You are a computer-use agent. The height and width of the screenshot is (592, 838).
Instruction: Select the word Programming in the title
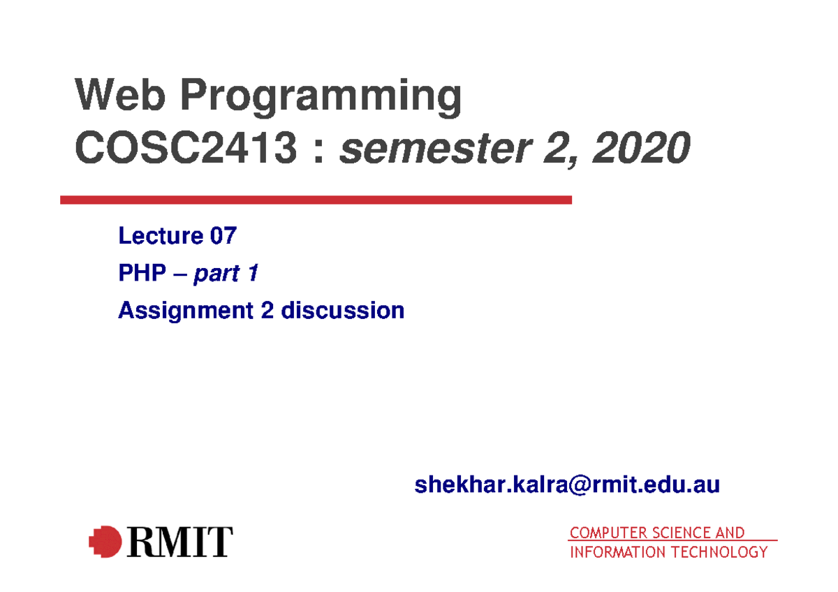321,97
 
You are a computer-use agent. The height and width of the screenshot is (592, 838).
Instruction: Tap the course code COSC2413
186,147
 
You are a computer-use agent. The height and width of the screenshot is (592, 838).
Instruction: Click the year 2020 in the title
641,147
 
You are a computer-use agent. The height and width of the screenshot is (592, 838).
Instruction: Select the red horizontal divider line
316,200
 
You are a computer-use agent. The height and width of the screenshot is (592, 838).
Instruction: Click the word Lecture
161,235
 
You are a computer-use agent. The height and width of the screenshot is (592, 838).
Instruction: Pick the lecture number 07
223,235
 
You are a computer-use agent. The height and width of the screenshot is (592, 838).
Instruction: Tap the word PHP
142,272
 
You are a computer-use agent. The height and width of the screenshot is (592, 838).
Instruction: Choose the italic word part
216,274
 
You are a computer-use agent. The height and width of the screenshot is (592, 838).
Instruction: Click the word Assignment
186,311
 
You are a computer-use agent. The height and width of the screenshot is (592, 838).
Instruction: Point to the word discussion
343,310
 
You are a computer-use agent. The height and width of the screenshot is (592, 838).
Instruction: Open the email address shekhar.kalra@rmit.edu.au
567,484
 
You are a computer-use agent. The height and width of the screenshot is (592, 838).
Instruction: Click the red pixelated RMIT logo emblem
105,542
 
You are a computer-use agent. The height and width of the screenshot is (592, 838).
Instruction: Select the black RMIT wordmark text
180,542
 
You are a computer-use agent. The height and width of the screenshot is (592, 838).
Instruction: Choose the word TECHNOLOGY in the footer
719,552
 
